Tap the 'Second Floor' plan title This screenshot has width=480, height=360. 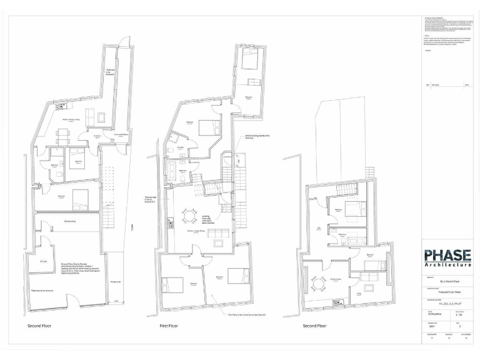314,326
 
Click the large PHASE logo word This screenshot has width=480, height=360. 447,256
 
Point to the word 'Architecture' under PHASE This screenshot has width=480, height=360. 447,265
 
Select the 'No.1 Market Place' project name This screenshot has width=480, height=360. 447,282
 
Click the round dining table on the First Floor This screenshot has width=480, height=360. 188,216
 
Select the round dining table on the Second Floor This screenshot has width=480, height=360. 318,283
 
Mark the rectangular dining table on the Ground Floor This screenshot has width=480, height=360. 62,133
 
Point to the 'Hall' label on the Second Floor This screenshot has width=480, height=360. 318,229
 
